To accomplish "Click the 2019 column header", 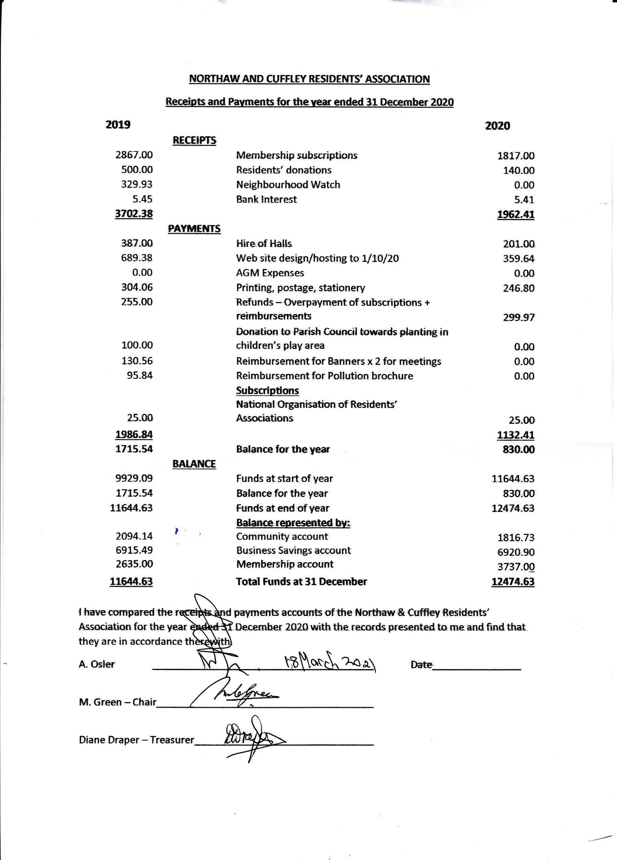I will [118, 125].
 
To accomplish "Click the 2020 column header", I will [497, 126].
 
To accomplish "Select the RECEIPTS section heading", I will [194, 140].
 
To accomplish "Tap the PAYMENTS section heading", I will [194, 229].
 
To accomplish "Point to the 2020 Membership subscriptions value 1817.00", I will [516, 156].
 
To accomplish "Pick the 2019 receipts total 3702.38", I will [134, 214].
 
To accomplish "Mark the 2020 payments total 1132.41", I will [516, 435].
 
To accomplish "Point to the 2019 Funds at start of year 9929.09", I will [134, 478].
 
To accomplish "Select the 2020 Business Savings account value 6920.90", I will [516, 552].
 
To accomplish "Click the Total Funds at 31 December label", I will [302, 581].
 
